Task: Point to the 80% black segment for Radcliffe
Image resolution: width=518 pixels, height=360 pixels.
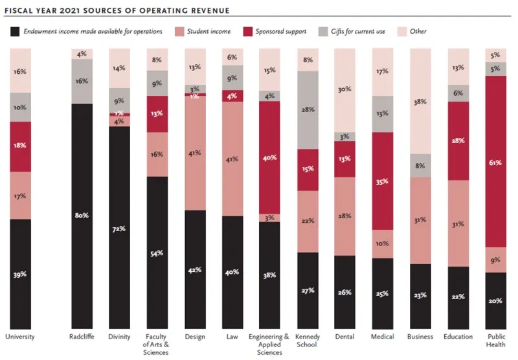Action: coord(82,215)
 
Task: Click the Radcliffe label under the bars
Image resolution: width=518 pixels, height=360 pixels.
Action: coord(82,337)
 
